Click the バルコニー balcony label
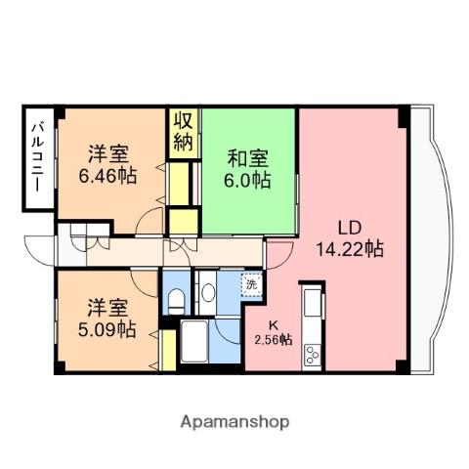click(36, 159)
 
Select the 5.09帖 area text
click(107, 329)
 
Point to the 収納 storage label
click(184, 131)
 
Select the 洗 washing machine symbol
click(251, 285)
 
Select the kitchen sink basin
click(313, 304)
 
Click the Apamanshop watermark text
click(234, 422)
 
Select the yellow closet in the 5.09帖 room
click(167, 350)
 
